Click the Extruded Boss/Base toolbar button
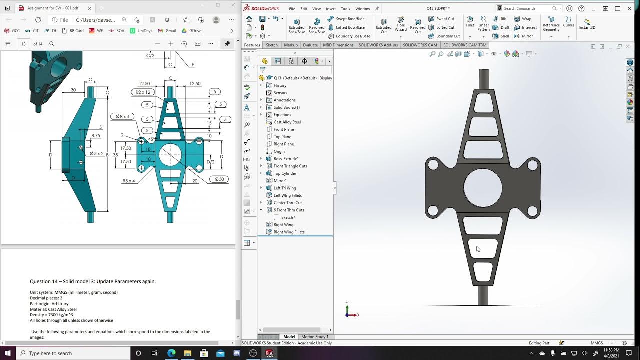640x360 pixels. pyautogui.click(x=296, y=26)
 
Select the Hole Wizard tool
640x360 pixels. pyautogui.click(x=401, y=26)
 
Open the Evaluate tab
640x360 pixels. pyautogui.click(x=310, y=45)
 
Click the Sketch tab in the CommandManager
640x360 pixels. pyautogui.click(x=272, y=45)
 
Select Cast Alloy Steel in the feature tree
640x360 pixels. pyautogui.click(x=287, y=122)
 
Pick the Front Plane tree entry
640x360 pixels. pyautogui.click(x=283, y=129)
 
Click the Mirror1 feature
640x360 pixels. pyautogui.click(x=280, y=181)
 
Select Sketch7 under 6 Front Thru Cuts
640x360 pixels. pyautogui.click(x=288, y=217)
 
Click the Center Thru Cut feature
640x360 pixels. pyautogui.click(x=287, y=203)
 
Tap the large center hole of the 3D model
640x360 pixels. pyautogui.click(x=483, y=187)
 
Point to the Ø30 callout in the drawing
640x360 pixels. pyautogui.click(x=219, y=179)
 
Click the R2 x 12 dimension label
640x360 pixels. pyautogui.click(x=143, y=92)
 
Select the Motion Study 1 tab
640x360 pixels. pyautogui.click(x=315, y=337)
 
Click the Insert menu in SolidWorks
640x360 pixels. pyautogui.click(x=331, y=9)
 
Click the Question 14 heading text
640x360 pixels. pyautogui.click(x=93, y=281)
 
